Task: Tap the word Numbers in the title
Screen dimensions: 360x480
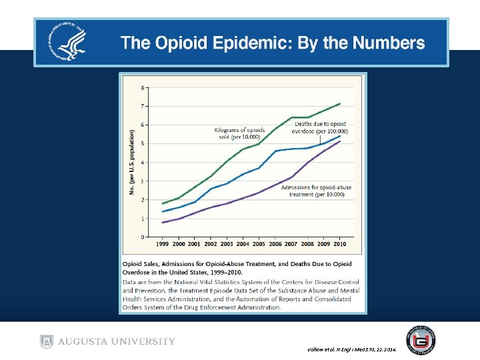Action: (388, 43)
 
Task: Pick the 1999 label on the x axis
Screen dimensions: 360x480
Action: (163, 245)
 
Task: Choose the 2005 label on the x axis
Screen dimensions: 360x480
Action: (259, 245)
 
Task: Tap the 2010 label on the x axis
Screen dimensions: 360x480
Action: (340, 245)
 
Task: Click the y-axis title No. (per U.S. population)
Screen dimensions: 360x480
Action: (131, 162)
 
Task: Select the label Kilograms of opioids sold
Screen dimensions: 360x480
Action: (239, 133)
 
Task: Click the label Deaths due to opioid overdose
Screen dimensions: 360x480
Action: (320, 127)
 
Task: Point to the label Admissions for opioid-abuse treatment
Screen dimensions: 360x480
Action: (316, 192)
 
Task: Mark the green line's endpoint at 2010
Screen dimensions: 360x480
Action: (341, 103)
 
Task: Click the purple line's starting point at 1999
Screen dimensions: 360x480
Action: (163, 223)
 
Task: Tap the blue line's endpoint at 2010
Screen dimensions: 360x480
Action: (341, 136)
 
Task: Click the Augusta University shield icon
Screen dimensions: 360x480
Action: (46, 341)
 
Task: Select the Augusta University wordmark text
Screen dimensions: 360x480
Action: (116, 341)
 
